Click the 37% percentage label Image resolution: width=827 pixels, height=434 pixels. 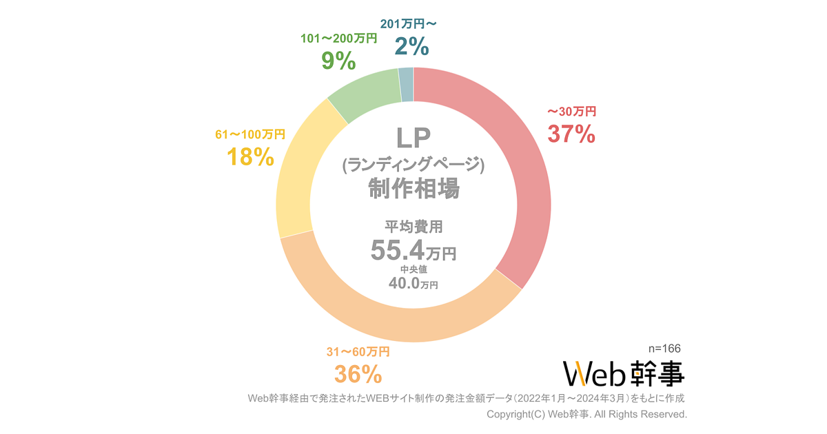click(x=571, y=134)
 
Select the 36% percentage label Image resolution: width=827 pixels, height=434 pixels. click(x=358, y=374)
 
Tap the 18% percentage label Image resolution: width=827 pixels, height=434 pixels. click(x=250, y=157)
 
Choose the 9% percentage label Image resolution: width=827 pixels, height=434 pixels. click(x=338, y=61)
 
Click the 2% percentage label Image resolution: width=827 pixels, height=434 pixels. click(x=411, y=46)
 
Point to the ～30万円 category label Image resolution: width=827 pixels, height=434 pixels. click(x=571, y=110)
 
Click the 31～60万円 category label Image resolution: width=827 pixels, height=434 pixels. click(x=358, y=352)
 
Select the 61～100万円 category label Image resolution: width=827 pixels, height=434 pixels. click(x=250, y=134)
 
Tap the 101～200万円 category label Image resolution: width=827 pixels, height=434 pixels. click(x=338, y=39)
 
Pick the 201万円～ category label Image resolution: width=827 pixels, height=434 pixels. click(x=409, y=24)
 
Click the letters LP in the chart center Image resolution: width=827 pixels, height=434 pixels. click(x=413, y=137)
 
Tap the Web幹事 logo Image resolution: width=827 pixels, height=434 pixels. click(x=624, y=373)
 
